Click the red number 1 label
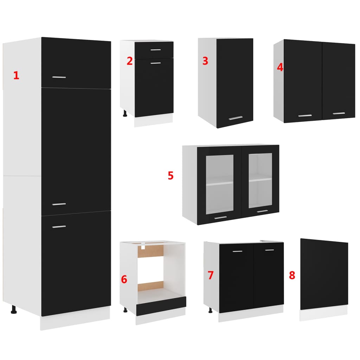[x=16, y=75]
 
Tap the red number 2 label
[x=130, y=61]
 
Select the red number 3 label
[x=205, y=61]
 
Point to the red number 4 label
[x=280, y=67]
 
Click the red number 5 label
[x=171, y=175]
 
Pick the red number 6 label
[x=124, y=279]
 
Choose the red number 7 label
[x=211, y=275]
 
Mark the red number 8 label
[x=292, y=275]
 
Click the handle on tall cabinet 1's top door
[x=59, y=77]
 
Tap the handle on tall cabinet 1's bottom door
[x=59, y=227]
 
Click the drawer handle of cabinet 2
[x=155, y=50]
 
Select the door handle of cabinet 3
[x=236, y=118]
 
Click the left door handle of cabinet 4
[x=305, y=115]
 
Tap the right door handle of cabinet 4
[x=339, y=113]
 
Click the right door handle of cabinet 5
[x=262, y=211]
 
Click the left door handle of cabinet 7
[x=238, y=251]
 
